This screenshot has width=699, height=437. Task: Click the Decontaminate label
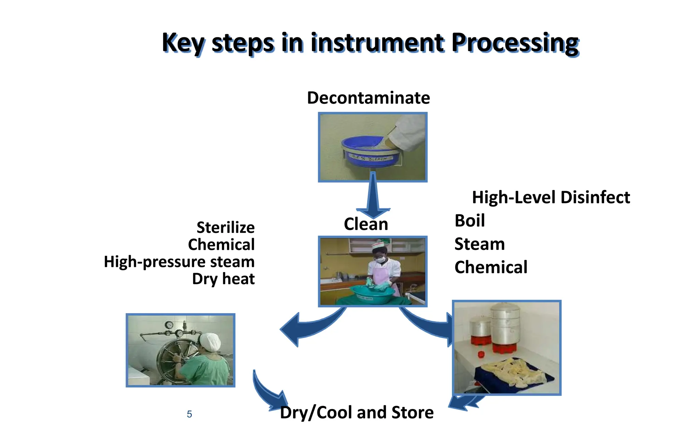point(368,98)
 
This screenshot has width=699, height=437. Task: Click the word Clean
point(366,224)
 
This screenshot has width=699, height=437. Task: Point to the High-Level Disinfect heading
point(551,197)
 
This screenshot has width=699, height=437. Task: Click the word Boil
point(470,221)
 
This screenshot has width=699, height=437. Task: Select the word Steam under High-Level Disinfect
point(480,244)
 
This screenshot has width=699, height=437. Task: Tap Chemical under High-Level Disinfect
point(491,267)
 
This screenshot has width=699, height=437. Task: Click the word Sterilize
point(226,227)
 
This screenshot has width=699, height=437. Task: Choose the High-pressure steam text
point(179,262)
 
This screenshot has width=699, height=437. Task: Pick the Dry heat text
point(223,279)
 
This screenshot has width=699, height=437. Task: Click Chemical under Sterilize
point(221,244)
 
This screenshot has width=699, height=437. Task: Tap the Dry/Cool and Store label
point(357,412)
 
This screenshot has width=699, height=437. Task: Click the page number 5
point(189,414)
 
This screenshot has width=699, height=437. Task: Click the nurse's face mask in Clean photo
point(381,259)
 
